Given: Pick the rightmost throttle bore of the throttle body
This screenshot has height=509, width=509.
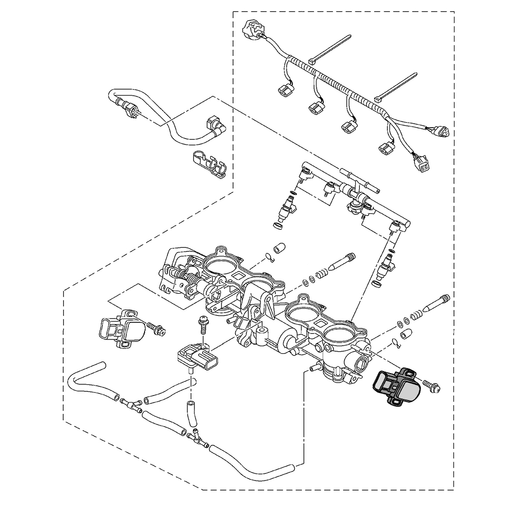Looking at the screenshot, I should tap(338, 336).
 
